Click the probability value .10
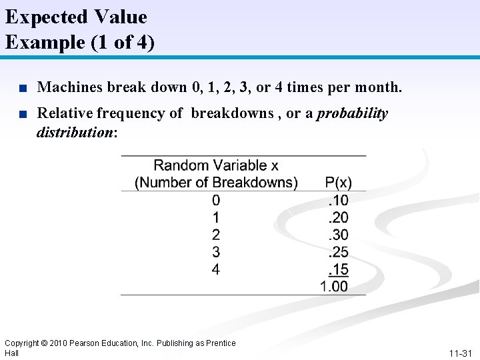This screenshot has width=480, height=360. (x=338, y=200)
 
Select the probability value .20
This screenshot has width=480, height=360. (x=338, y=217)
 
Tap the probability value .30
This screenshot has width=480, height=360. (x=338, y=235)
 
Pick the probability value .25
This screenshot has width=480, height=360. (x=338, y=252)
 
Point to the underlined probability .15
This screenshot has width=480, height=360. (x=338, y=269)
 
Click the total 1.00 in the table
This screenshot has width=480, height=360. (x=334, y=287)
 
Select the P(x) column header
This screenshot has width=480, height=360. (x=338, y=182)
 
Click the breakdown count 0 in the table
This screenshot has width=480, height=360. (x=216, y=200)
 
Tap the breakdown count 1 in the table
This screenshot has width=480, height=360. (x=216, y=217)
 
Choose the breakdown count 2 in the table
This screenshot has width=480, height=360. (x=216, y=235)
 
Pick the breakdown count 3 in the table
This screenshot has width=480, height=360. (x=216, y=252)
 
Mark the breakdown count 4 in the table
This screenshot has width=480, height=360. (x=216, y=269)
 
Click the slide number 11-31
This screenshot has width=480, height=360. (x=461, y=353)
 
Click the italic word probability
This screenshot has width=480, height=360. (x=352, y=113)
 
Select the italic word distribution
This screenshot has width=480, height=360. (x=75, y=132)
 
